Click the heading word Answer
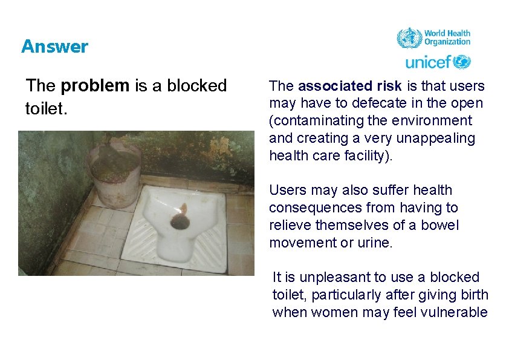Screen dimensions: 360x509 (x=54, y=47)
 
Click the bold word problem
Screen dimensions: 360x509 (x=95, y=86)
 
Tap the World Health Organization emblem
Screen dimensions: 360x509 (x=409, y=38)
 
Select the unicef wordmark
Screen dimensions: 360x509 (x=428, y=62)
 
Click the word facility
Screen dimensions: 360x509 (x=367, y=156)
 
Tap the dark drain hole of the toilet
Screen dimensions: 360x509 (x=180, y=221)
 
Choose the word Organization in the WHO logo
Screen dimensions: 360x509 (x=447, y=42)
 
